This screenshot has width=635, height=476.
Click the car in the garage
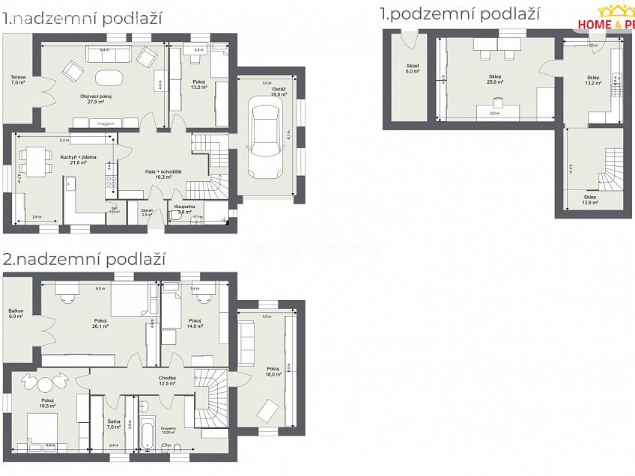click(266, 140)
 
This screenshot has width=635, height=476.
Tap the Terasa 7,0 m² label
click(18, 80)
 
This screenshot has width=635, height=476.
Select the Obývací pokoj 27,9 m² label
click(96, 99)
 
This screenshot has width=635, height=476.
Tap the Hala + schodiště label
click(163, 174)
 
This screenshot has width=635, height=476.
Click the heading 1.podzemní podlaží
click(459, 13)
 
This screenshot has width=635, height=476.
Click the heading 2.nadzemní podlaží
click(84, 259)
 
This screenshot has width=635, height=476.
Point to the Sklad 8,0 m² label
click(412, 69)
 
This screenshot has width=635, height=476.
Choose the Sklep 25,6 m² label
click(495, 79)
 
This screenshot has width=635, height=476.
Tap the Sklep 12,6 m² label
click(591, 200)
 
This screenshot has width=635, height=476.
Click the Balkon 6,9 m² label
click(16, 314)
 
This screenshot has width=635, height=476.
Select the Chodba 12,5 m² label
click(167, 381)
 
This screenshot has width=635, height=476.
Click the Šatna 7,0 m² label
click(114, 424)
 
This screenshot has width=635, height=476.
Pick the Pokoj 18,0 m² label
click(273, 371)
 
